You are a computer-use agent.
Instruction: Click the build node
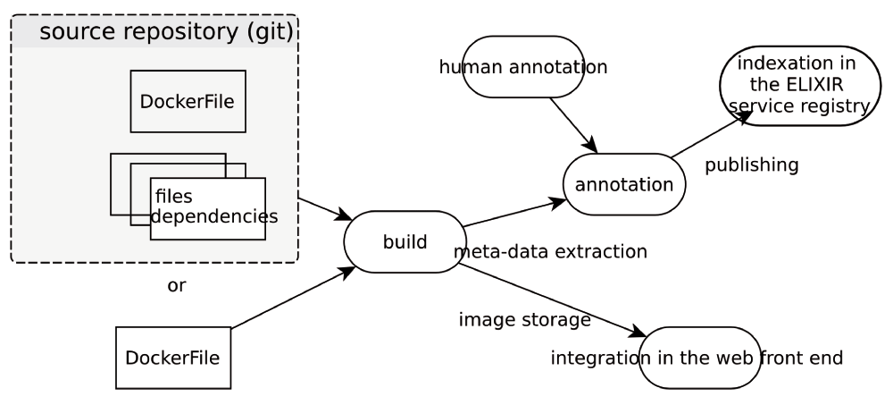coord(405,241)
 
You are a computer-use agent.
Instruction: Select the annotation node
coord(623,184)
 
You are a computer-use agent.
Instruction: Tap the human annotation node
coord(523,66)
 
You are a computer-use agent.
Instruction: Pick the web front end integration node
coord(697,358)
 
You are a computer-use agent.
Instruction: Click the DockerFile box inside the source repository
coord(188,101)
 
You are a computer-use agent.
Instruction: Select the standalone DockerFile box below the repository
coord(173,358)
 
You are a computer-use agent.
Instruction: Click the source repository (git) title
coord(166,33)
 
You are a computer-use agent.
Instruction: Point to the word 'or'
coord(177,286)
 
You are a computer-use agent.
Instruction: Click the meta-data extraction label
coord(550,251)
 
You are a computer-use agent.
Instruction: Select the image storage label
coord(524,318)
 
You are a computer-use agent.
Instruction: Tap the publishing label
coord(751,165)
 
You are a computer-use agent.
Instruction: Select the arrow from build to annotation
coord(513,214)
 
